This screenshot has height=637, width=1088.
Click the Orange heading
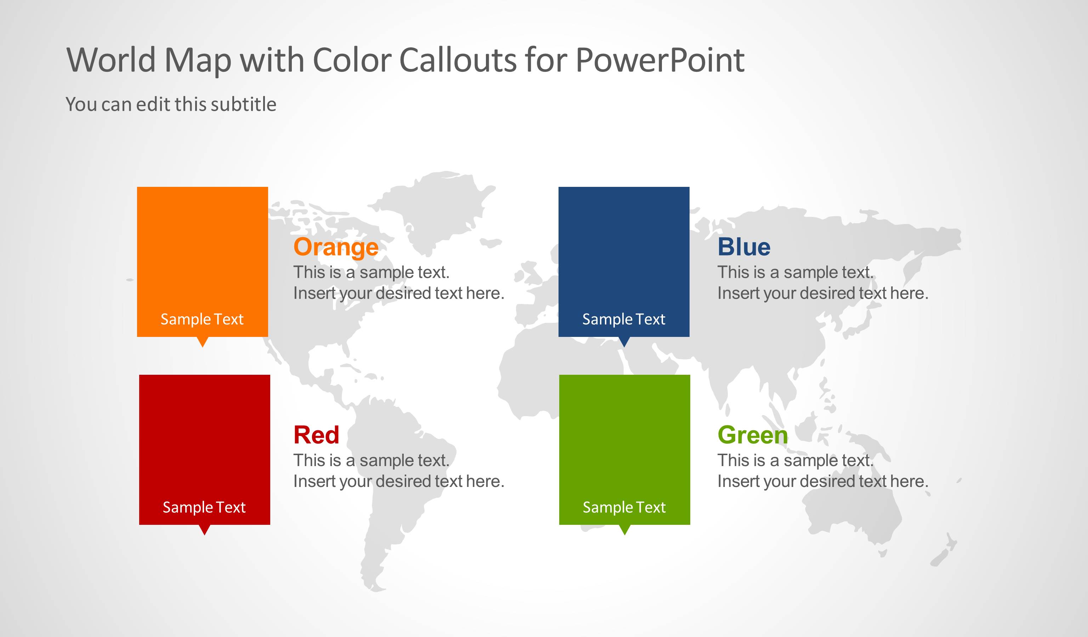coord(336,247)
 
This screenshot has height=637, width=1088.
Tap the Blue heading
coord(743,247)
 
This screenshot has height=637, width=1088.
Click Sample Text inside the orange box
coord(202,319)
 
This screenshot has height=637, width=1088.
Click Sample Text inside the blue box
coord(623,319)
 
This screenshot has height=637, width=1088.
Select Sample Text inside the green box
coord(624,507)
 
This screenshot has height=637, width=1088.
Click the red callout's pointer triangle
coord(205,530)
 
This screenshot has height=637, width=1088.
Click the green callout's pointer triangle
coord(624,530)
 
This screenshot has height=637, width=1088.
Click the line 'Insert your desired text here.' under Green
coord(822,481)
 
